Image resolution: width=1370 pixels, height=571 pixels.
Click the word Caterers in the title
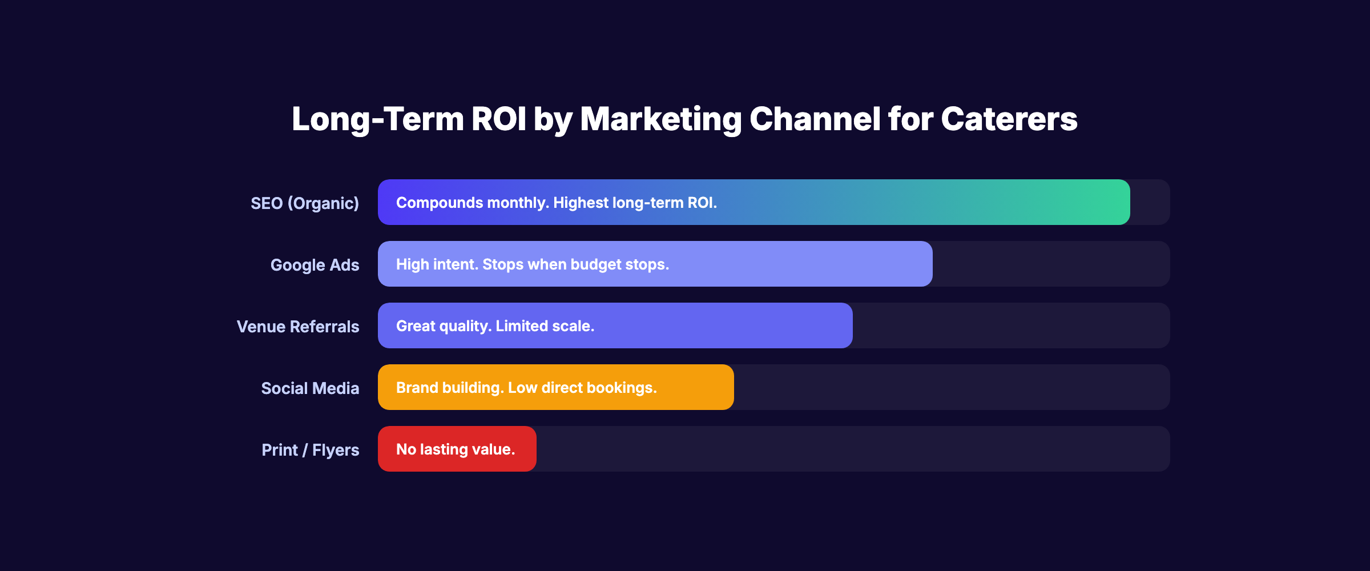coord(1009,119)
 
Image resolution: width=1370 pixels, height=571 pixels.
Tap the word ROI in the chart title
coord(498,119)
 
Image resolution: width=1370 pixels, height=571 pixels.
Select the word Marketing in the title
coord(660,119)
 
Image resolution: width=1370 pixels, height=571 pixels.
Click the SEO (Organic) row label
coord(305,203)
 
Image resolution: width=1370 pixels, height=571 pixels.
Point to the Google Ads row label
coord(315,265)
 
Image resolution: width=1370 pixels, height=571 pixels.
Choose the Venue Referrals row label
coord(298,327)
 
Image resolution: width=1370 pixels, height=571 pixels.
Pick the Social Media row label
coord(310,388)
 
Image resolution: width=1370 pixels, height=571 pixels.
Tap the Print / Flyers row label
coord(311,450)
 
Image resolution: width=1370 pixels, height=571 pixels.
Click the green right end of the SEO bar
coord(1107,202)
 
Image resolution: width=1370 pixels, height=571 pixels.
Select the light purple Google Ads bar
coord(799,264)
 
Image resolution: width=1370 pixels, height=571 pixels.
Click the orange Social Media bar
coord(696,387)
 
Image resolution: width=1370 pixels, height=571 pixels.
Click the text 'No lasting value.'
coord(456,449)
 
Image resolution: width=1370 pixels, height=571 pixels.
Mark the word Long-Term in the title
coord(378,119)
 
